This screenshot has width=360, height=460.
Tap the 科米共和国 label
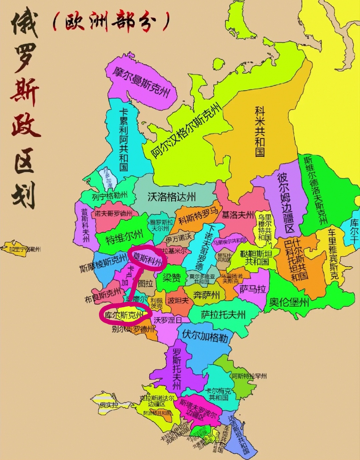coord(260,131)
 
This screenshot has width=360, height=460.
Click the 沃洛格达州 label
coord(172,197)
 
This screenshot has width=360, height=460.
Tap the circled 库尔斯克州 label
coord(124,314)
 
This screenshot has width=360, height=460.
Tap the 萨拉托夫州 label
coord(223,314)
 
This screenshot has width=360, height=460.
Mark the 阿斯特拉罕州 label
coord(249,376)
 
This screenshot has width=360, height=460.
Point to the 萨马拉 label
coord(253,289)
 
